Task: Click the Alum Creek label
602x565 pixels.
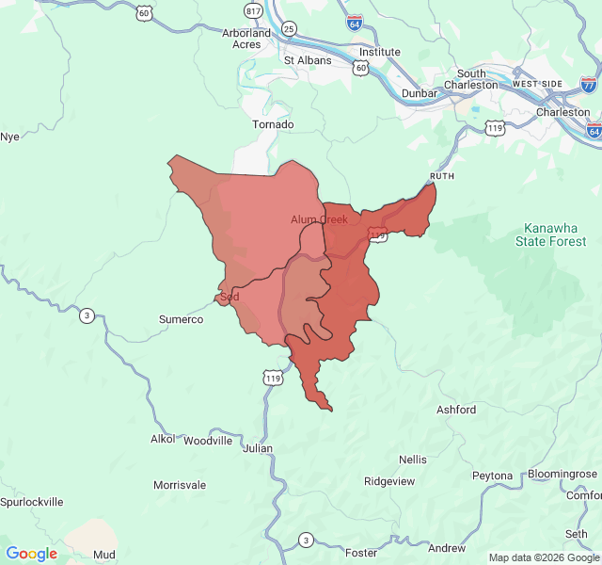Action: [319, 219]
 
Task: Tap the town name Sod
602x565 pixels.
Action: [230, 297]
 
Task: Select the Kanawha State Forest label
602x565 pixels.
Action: [550, 235]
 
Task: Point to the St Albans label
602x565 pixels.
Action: [308, 60]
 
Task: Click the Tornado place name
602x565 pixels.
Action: [273, 124]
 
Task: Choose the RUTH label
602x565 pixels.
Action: [442, 176]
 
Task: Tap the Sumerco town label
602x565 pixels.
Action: [181, 320]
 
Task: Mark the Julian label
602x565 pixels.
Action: [258, 448]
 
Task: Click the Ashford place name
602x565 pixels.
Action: [456, 410]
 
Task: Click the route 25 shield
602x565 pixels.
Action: [289, 29]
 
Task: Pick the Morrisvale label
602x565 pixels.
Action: [180, 485]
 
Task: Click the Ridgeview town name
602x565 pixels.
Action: [389, 481]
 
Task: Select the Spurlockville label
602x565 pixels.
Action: [32, 502]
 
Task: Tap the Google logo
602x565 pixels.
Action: [32, 554]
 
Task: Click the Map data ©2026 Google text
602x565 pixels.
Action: [544, 557]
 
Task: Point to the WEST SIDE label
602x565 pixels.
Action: [537, 85]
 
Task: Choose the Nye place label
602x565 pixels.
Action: [9, 137]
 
